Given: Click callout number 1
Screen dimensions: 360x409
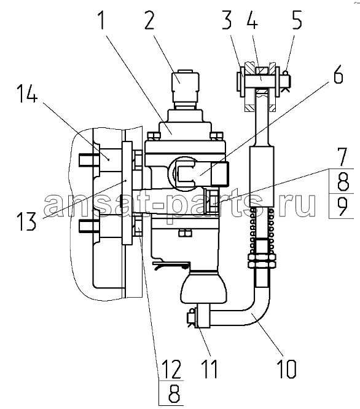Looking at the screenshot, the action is [x=101, y=20].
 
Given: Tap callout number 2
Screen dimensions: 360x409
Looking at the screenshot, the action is [x=149, y=20].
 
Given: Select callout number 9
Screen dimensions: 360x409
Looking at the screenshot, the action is [x=342, y=206].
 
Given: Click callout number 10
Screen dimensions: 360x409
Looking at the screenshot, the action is [x=288, y=369].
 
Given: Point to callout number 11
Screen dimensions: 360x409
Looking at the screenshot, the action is [x=209, y=369].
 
